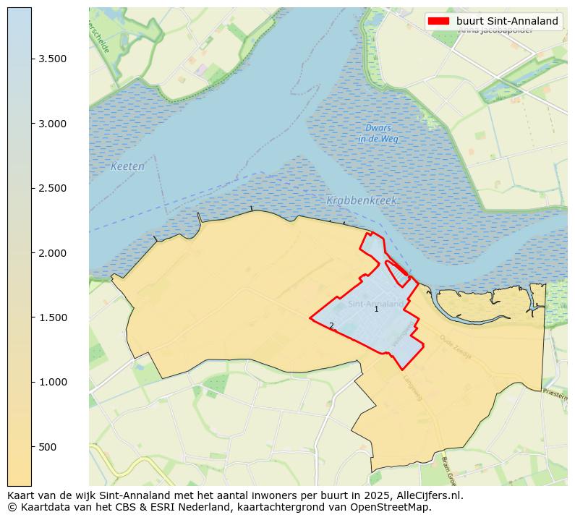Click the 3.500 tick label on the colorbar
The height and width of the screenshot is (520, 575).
coord(53,59)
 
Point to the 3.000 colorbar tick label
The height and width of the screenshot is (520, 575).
coord(53,124)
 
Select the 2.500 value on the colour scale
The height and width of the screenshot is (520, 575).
coord(53,189)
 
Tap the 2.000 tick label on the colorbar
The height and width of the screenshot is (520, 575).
coord(53,253)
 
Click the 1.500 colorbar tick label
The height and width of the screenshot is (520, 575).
coord(53,317)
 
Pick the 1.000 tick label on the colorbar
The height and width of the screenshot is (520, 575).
coord(53,383)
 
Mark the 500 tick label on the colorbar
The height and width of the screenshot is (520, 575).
coord(48,447)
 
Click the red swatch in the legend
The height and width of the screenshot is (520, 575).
coord(438,21)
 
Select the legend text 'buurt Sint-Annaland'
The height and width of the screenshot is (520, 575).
coord(507,21)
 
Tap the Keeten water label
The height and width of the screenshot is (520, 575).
coord(127,167)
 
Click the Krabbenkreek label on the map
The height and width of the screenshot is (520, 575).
coord(362,201)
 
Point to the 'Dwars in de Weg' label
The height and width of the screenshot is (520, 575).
coord(378,134)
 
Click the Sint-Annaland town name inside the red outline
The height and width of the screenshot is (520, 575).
coord(375,304)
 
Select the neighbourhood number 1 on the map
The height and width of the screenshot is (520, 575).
coord(376,310)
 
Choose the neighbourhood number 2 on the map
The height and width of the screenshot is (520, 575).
coord(331,326)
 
